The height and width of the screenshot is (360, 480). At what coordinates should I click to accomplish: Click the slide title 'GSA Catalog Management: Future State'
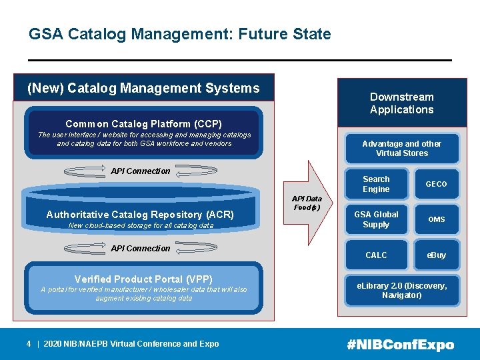pos(179,34)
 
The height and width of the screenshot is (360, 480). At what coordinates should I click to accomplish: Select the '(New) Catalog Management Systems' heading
pos(143,88)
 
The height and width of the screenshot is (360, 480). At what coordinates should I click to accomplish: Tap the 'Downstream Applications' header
pos(401,103)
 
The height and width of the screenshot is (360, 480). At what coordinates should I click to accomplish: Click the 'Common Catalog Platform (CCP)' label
pos(143,124)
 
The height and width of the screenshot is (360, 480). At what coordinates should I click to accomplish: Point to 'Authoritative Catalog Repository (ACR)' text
pos(140,215)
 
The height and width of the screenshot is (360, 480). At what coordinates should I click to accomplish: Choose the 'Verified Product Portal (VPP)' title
pos(143,279)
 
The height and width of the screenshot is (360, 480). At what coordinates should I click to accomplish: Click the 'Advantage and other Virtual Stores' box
pos(401,148)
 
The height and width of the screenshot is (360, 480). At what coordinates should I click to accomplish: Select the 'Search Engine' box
pos(376,184)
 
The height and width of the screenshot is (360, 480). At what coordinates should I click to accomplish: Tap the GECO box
pos(437,184)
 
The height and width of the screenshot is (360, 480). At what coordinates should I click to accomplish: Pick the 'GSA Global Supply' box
pos(376,219)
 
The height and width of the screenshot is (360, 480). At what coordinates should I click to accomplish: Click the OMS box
pos(437,219)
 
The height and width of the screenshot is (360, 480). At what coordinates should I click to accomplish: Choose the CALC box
pos(376,255)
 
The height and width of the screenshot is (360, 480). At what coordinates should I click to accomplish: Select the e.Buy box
pos(437,255)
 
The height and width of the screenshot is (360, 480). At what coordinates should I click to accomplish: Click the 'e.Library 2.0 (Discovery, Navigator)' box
pos(401,291)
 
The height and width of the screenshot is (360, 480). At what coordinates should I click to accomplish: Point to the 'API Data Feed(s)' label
pos(307,203)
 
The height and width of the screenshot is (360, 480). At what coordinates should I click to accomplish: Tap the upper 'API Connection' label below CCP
pos(141,171)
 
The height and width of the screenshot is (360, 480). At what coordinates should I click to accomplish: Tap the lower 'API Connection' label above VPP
pos(141,249)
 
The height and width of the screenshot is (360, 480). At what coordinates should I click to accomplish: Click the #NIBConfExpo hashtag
pos(400,345)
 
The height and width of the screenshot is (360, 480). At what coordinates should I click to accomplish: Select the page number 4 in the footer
pos(29,344)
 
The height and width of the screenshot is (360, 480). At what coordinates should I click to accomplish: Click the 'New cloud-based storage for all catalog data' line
pos(141,226)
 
